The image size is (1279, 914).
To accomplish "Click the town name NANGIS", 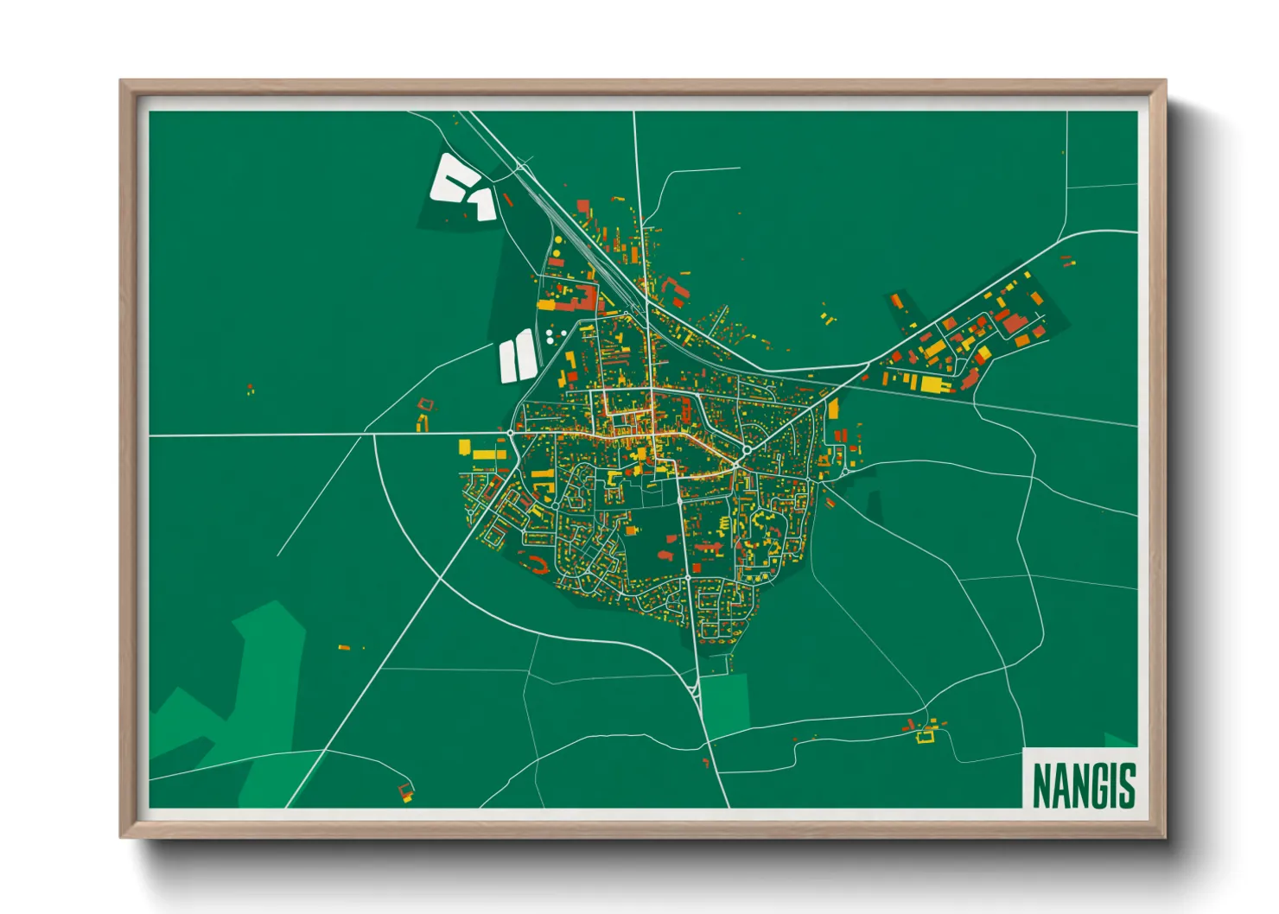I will pos(1084,784).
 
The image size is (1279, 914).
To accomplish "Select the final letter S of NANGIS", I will pos(1126,784).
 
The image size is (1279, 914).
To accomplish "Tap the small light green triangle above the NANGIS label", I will pos(1119,739).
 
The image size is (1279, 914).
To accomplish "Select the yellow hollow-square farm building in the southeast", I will pos(927,736).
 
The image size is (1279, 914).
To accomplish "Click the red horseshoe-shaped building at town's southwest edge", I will pos(536,566).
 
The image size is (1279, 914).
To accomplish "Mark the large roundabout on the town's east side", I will pos(746,449).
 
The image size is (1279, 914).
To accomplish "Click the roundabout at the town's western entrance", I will pos(511,432).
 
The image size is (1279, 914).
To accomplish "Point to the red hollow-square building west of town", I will pos(424,403).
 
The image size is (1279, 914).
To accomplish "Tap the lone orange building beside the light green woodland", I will pos(343,646).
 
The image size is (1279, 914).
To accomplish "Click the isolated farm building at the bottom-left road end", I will pos(405,790).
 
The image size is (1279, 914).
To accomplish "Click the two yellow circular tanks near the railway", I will pos(556,257).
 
